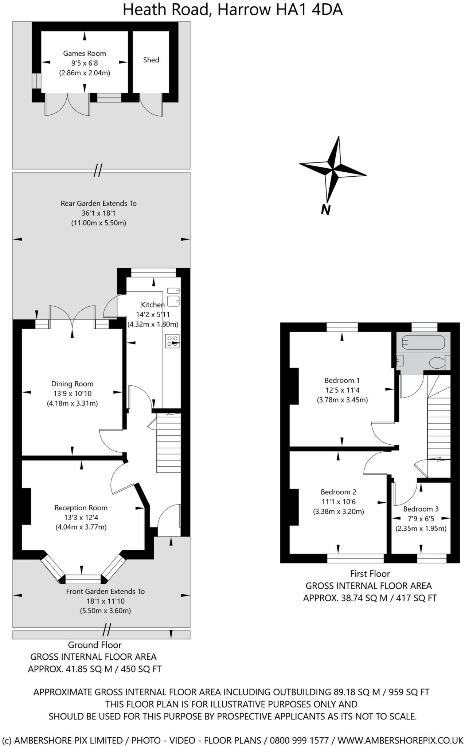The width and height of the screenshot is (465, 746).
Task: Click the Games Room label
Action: tap(85, 54)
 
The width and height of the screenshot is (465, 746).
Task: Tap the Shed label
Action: tap(151, 60)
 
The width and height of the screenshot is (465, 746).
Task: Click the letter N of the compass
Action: tap(325, 210)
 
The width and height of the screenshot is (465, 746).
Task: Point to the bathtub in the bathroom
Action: tap(423, 342)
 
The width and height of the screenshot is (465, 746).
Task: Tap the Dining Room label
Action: tap(72, 384)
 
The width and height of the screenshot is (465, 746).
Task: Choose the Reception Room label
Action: tap(81, 508)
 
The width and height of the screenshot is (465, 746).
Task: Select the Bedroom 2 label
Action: tap(339, 492)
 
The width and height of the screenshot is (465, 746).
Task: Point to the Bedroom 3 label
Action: tap(421, 509)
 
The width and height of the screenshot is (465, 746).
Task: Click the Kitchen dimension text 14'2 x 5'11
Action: tap(153, 314)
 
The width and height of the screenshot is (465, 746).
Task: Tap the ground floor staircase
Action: tap(169, 443)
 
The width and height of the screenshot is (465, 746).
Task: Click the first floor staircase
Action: tap(439, 426)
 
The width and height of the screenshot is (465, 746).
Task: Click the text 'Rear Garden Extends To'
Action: tap(98, 203)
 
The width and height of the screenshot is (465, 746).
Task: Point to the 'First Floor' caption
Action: tap(370, 574)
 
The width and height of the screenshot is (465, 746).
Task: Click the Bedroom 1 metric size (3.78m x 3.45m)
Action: tap(342, 400)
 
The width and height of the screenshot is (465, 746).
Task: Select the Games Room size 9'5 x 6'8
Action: tap(85, 63)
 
